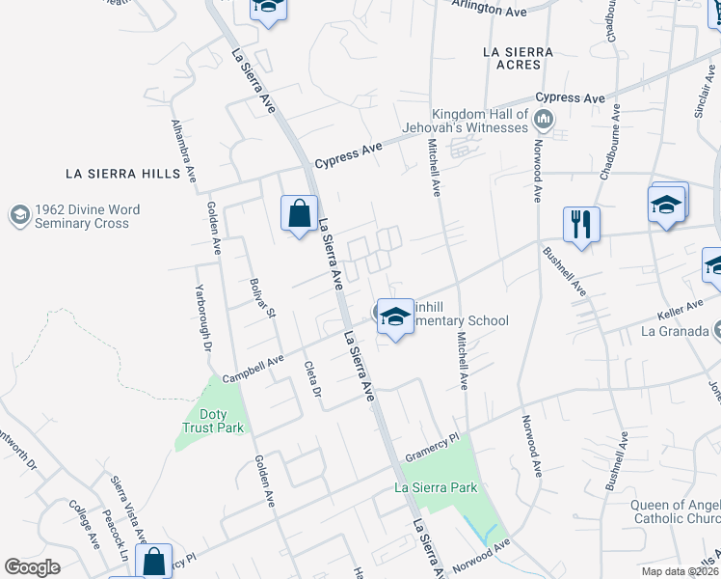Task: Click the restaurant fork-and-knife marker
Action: point(581,224)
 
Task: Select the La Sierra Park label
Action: point(436,487)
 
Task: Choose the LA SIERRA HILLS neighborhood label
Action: point(122,174)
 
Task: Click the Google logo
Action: point(32,567)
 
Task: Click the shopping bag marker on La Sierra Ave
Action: point(301,212)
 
